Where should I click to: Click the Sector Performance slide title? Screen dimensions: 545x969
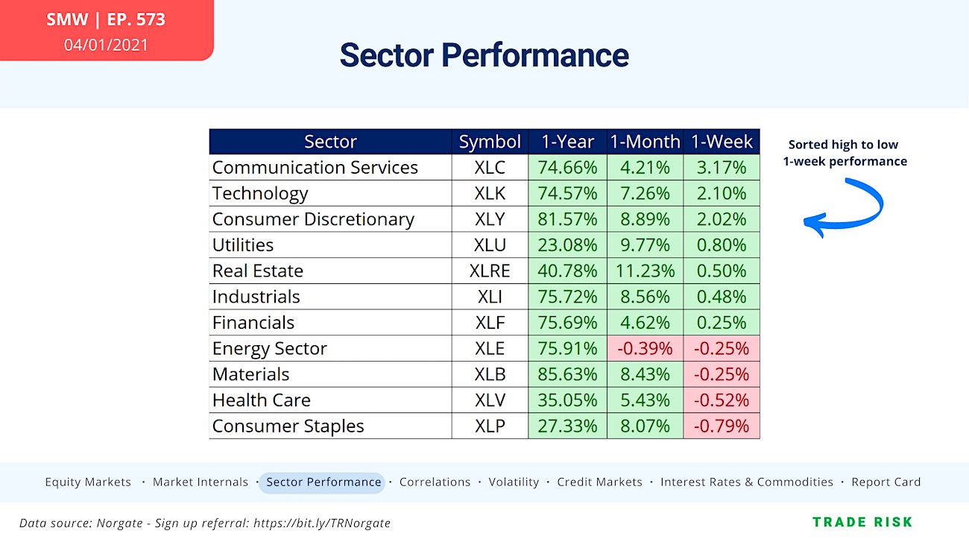[484, 55]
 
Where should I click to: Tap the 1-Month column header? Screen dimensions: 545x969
[644, 142]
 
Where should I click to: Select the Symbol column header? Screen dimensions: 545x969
[490, 142]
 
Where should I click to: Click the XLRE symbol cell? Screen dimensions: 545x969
[490, 271]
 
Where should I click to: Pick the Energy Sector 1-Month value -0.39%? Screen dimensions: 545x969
[644, 348]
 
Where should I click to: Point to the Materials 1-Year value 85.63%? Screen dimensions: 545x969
[567, 374]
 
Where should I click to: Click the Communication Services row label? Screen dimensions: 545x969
[315, 167]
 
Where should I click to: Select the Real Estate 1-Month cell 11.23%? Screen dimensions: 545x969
[644, 271]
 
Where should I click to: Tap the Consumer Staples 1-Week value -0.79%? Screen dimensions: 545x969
[721, 426]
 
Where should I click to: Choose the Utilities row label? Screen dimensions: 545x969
[243, 245]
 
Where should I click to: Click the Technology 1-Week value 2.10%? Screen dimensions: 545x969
[721, 193]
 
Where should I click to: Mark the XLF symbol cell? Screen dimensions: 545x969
[490, 322]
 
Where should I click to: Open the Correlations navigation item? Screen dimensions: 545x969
[435, 482]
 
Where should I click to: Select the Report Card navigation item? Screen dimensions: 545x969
[886, 482]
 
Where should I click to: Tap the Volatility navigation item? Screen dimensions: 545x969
[514, 482]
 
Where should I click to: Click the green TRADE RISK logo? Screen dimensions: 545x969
[862, 522]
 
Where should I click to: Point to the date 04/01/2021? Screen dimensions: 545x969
[106, 45]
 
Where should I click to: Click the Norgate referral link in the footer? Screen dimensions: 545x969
[321, 523]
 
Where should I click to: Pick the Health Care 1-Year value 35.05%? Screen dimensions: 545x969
[567, 400]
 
